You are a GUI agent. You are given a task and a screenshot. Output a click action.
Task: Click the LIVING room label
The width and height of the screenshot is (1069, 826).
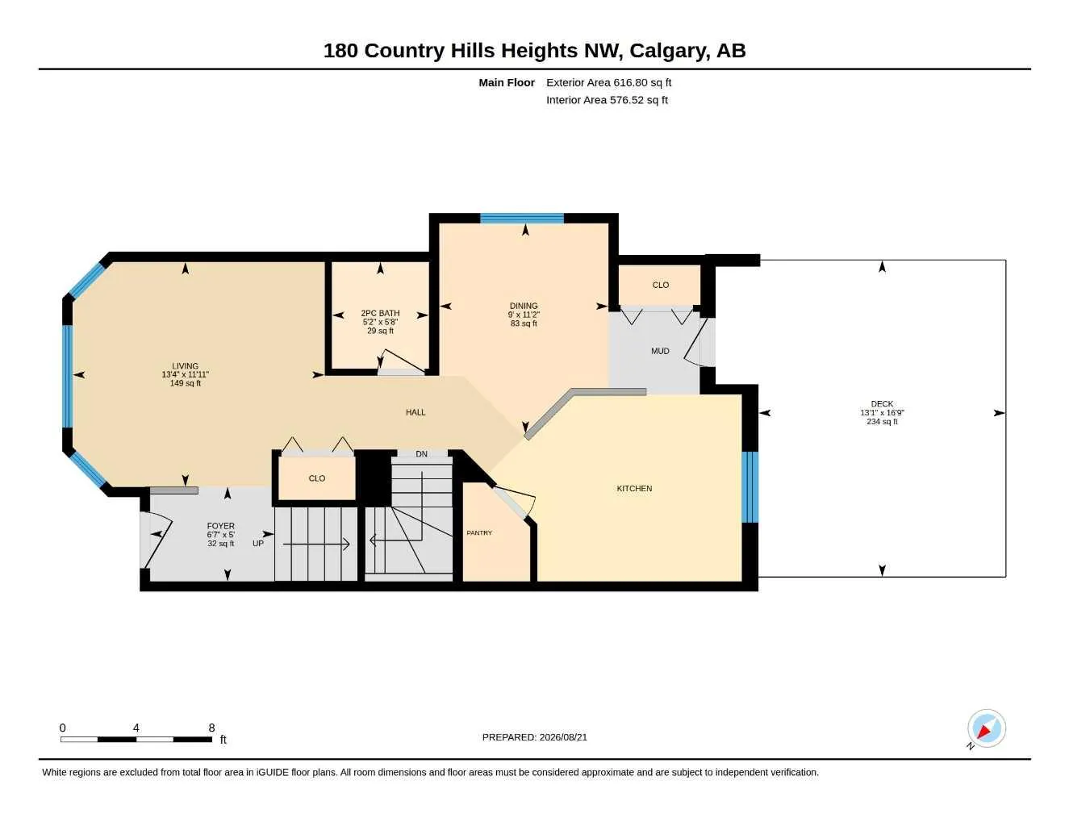185,365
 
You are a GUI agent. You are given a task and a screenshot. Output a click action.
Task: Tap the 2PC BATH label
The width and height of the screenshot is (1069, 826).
380,313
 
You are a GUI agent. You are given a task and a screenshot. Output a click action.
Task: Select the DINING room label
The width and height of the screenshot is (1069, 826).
524,306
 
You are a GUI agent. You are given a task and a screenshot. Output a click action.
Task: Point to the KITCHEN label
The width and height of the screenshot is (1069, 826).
634,488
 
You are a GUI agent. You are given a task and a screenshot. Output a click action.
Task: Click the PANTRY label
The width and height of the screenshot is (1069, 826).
479,533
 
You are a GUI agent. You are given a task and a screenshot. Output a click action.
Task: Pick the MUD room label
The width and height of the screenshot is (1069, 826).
660,351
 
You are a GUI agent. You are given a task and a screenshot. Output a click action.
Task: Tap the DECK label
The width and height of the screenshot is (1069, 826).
882,404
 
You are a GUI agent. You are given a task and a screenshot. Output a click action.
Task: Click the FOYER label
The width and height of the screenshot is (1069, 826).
220,526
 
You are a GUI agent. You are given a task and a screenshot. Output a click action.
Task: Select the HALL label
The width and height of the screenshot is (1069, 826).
415,412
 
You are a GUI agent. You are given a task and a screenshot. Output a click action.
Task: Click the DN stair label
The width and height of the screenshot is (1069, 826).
422,454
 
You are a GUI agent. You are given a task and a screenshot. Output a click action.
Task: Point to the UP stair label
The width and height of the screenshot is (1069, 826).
258,544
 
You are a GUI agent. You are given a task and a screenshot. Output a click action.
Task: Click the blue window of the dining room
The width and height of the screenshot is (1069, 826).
522,219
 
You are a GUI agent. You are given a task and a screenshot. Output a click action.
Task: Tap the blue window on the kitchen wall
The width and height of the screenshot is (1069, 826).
750,486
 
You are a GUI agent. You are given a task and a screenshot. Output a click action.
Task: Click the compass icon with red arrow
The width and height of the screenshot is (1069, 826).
987,728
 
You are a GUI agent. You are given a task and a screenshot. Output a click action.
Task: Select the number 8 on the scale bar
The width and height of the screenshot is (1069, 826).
211,728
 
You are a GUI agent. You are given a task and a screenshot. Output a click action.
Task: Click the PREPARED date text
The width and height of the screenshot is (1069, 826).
535,737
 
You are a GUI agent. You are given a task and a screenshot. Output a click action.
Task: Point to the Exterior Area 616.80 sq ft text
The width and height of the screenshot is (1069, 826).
608,82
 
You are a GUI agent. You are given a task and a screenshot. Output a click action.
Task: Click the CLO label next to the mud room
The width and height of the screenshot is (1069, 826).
660,286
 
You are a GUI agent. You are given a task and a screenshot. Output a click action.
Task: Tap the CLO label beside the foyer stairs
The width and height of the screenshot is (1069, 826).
317,478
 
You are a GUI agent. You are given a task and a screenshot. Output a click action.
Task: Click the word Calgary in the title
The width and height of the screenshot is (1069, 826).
670,51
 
